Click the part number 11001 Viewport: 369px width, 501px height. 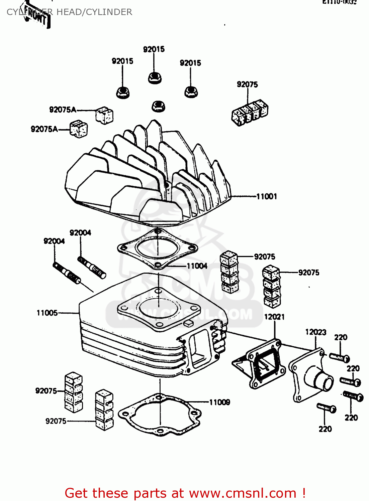(x=267, y=196)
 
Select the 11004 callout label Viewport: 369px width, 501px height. (x=197, y=266)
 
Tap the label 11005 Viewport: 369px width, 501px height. (x=47, y=313)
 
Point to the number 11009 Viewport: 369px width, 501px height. (x=219, y=402)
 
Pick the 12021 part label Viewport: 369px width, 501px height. (x=274, y=317)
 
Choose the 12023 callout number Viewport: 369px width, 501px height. (x=315, y=332)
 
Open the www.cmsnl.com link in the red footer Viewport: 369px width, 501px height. (x=243, y=493)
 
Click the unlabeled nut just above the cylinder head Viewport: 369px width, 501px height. (x=159, y=106)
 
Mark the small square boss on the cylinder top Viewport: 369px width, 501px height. (x=188, y=323)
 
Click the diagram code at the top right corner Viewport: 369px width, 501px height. (x=339, y=2)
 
